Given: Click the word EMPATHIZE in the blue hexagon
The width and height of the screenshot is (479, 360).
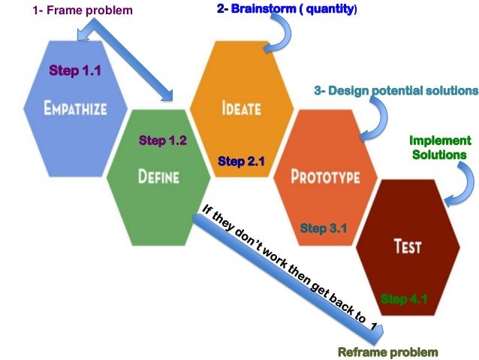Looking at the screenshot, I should (74, 108).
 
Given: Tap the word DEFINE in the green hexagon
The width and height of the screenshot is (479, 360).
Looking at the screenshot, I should (158, 177).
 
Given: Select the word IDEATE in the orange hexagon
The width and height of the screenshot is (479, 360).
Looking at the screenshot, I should (241, 107).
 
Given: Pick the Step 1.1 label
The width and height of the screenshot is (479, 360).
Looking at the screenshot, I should (75, 71).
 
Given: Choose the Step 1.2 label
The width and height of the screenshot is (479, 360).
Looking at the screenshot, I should (163, 141).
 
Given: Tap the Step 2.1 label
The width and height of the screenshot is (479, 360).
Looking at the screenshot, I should (242, 161).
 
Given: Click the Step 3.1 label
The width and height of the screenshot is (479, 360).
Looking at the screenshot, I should (324, 228).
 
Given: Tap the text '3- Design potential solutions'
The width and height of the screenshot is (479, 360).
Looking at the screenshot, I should (396, 91).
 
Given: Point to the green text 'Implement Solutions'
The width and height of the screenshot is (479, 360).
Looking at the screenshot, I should (440, 147).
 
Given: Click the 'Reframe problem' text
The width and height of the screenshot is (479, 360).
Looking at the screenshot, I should (387, 352).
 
